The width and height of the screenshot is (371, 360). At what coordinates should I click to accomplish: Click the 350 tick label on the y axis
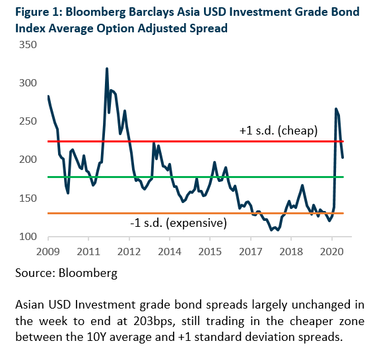click(28, 45)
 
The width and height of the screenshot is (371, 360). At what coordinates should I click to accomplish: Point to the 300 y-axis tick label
click(28, 83)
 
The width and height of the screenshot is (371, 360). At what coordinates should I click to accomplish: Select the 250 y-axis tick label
click(28, 121)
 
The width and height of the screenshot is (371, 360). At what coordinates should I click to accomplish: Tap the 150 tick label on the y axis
click(28, 198)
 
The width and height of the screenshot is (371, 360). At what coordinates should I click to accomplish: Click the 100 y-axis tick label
click(28, 237)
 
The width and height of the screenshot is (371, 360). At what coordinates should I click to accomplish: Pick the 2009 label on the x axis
click(48, 251)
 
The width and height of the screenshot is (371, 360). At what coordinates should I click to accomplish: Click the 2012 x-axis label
click(129, 251)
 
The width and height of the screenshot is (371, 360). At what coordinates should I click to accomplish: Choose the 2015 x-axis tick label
click(210, 251)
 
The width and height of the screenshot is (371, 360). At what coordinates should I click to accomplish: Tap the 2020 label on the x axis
click(332, 251)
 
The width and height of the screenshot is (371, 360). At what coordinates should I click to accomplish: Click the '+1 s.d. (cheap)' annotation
click(279, 131)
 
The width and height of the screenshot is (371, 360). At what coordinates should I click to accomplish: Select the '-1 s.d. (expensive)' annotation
click(178, 223)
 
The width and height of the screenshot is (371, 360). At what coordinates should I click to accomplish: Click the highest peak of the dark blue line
click(107, 69)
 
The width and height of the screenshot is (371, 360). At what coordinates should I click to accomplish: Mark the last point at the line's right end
click(343, 157)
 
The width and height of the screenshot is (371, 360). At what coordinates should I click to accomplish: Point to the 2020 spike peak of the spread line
click(336, 109)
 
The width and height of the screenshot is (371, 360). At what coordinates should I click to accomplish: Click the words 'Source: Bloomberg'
click(66, 273)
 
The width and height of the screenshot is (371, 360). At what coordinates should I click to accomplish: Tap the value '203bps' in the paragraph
click(154, 321)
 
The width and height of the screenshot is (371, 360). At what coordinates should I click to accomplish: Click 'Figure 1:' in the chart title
click(38, 12)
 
